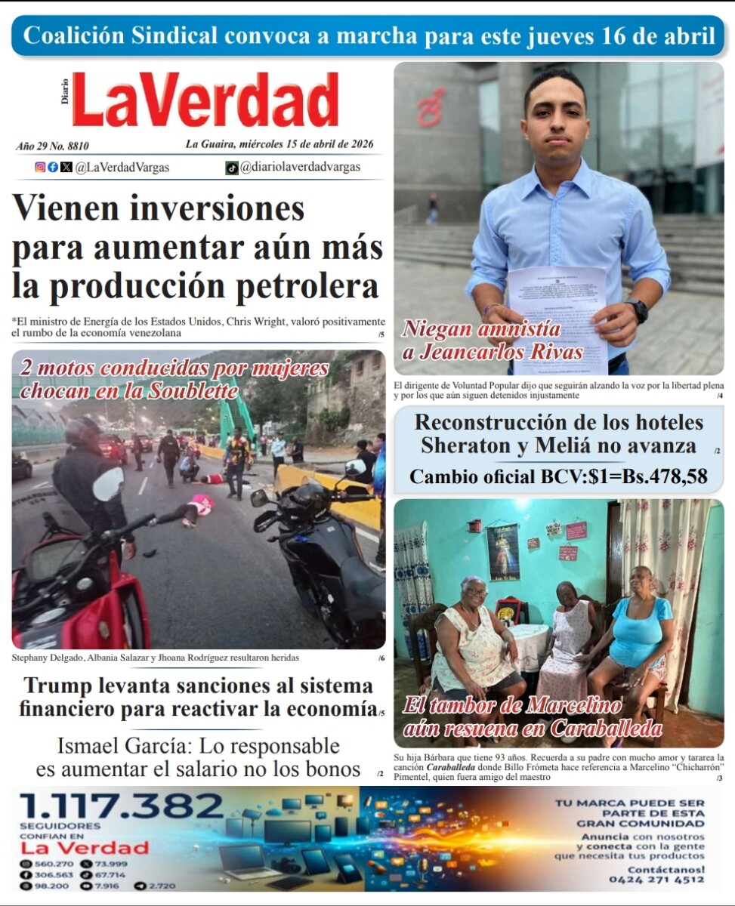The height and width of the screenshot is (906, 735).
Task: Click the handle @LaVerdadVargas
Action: [x=122, y=168]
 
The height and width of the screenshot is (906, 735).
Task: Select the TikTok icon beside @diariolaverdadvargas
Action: [x=231, y=168]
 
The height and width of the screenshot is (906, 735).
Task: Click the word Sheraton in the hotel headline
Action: [x=465, y=445]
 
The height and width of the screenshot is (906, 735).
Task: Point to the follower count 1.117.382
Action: [x=122, y=806]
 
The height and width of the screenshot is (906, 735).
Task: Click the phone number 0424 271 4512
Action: [x=656, y=880]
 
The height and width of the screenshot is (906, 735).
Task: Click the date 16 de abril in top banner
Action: [x=658, y=35]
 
